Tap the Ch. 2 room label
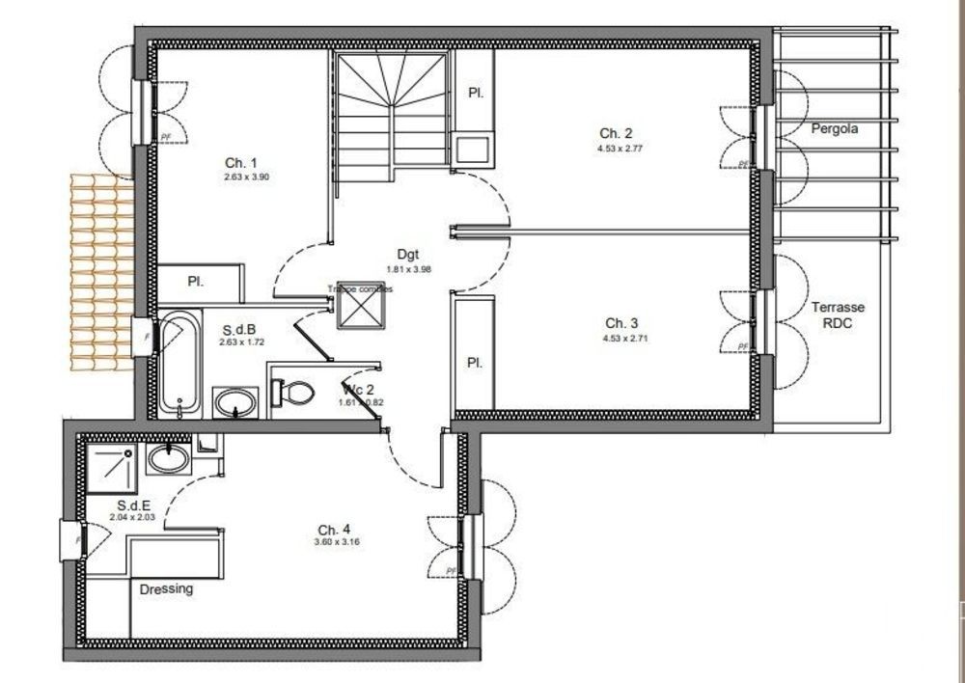click(616, 133)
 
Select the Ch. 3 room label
click(621, 323)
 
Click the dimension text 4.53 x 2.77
click(620, 149)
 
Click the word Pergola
click(834, 127)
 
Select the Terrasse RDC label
click(837, 314)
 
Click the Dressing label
click(167, 588)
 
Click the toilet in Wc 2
click(294, 393)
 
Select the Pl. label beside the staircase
click(475, 94)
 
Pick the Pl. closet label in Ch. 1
click(195, 283)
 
